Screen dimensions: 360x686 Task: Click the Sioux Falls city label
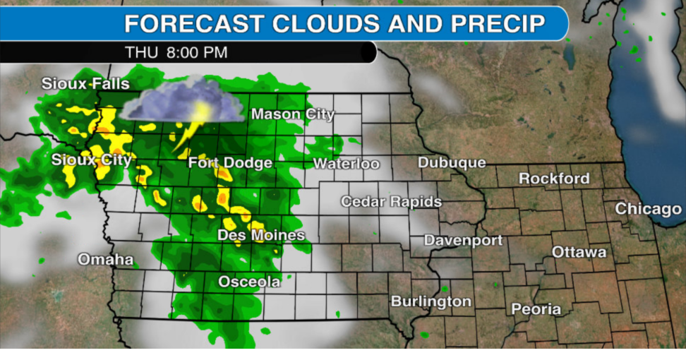point(85,84)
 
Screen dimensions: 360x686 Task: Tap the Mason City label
point(293,114)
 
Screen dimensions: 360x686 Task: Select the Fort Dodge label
point(230,163)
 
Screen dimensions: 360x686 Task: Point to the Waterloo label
point(346,164)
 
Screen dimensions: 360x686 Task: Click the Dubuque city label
point(452,162)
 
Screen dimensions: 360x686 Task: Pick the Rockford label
point(554,179)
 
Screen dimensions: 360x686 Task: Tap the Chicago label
point(648,209)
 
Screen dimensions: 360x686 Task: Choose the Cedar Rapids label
point(391,202)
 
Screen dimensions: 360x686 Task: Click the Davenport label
point(463,241)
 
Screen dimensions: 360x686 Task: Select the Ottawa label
point(579,252)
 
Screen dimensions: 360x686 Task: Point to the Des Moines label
point(261,235)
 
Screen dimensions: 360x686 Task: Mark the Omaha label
point(105,259)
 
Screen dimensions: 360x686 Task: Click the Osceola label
point(248,282)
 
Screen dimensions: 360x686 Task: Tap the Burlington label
point(431,301)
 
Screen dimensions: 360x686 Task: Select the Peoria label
point(536,309)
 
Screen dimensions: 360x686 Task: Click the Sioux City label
point(91,160)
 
